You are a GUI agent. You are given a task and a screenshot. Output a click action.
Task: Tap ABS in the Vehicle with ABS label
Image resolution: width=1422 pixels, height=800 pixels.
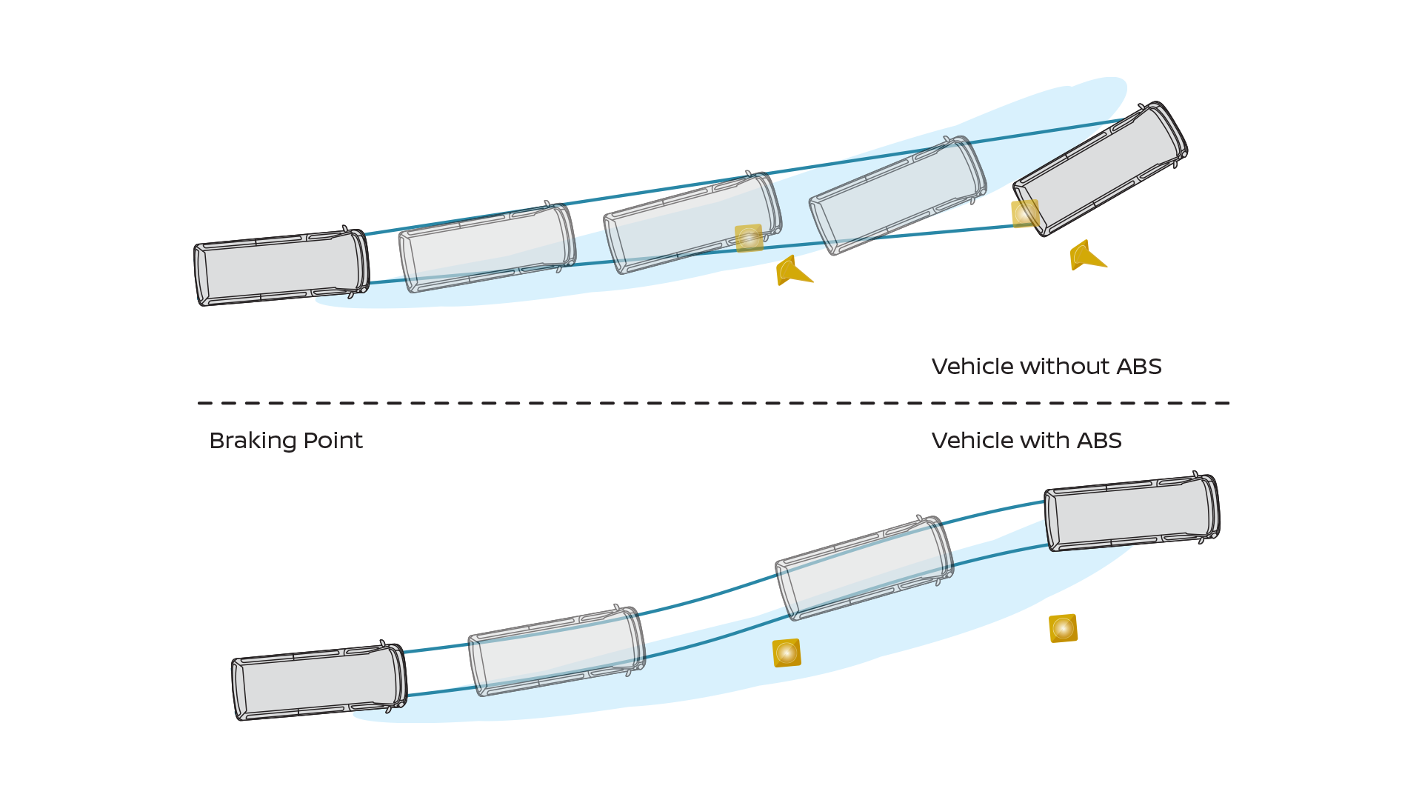click(1099, 441)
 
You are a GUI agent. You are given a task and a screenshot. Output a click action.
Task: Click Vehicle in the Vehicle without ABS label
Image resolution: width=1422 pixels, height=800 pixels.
click(972, 367)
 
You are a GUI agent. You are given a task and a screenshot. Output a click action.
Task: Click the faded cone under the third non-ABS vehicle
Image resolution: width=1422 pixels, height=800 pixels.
click(749, 238)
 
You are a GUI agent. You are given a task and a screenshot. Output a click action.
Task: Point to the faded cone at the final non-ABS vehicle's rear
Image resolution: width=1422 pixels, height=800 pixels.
click(1025, 213)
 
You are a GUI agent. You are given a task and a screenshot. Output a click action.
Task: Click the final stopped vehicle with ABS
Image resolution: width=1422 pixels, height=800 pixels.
click(1132, 513)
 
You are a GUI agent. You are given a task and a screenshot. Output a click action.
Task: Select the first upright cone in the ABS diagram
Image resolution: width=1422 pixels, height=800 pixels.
click(787, 653)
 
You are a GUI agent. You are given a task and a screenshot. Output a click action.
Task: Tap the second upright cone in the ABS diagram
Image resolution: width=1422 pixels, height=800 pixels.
click(1063, 628)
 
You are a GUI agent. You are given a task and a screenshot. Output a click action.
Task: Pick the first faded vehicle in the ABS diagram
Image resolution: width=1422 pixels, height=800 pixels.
click(556, 651)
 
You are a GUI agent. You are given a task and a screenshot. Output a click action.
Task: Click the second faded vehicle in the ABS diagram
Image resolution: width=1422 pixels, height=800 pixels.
click(864, 567)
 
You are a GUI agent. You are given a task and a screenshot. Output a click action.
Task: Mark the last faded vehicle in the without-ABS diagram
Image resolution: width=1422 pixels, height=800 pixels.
click(898, 195)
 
